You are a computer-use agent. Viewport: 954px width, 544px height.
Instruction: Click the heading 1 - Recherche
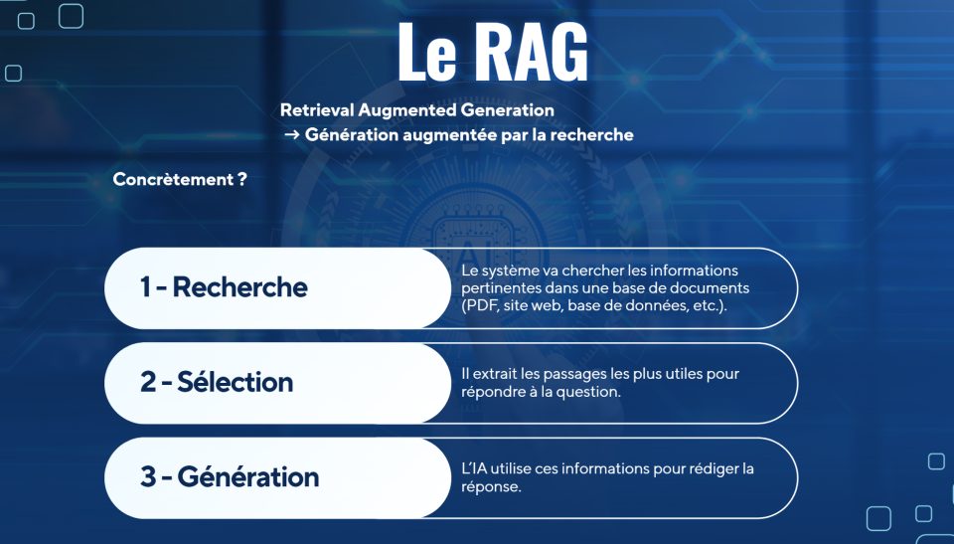click(224, 287)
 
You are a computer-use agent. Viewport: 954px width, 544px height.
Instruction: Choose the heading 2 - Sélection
click(217, 382)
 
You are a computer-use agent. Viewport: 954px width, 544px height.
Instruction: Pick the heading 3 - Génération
click(230, 476)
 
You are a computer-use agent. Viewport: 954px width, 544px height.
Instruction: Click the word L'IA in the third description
click(477, 468)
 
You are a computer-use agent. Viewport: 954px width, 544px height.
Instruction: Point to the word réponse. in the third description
click(492, 487)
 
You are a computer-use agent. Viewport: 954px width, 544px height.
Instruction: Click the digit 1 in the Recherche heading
click(145, 287)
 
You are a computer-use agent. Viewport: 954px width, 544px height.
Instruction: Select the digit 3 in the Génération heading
click(148, 476)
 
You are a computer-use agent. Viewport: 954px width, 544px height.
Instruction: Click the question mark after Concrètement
click(242, 180)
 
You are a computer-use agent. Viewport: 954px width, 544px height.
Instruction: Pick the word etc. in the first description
click(709, 305)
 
